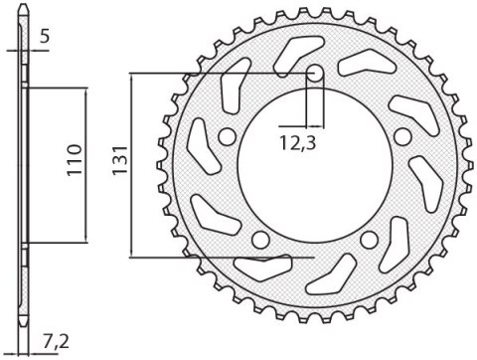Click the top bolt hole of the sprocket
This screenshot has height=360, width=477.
click(x=313, y=73)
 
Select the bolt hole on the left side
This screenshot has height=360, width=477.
click(x=228, y=135)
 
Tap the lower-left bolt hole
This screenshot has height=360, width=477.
click(x=260, y=239)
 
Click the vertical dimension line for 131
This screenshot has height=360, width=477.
click(x=132, y=165)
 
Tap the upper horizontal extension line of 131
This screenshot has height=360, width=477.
click(x=219, y=73)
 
